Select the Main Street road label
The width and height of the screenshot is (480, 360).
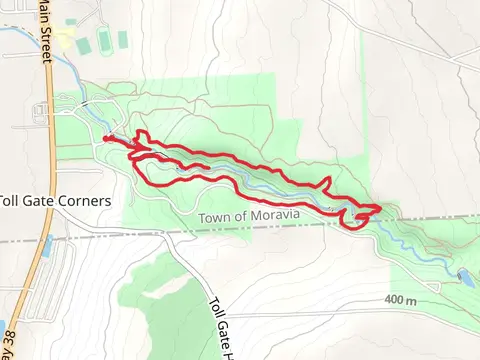tap(46, 30)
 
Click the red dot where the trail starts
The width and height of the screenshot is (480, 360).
tap(106, 139)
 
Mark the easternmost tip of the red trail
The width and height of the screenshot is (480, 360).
tap(380, 207)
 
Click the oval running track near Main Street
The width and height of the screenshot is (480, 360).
tap(104, 41)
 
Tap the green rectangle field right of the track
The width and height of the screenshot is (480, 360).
tap(123, 39)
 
